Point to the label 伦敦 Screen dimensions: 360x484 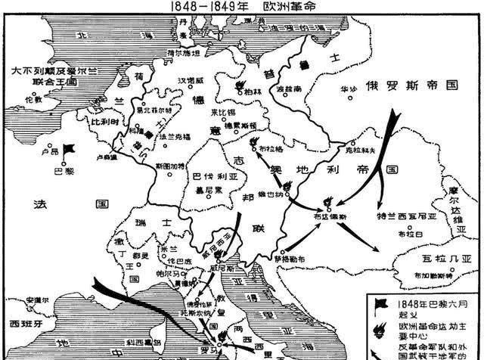pyautogui.click(x=33, y=98)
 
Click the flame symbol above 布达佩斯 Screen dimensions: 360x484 pyautogui.click(x=329, y=201)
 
